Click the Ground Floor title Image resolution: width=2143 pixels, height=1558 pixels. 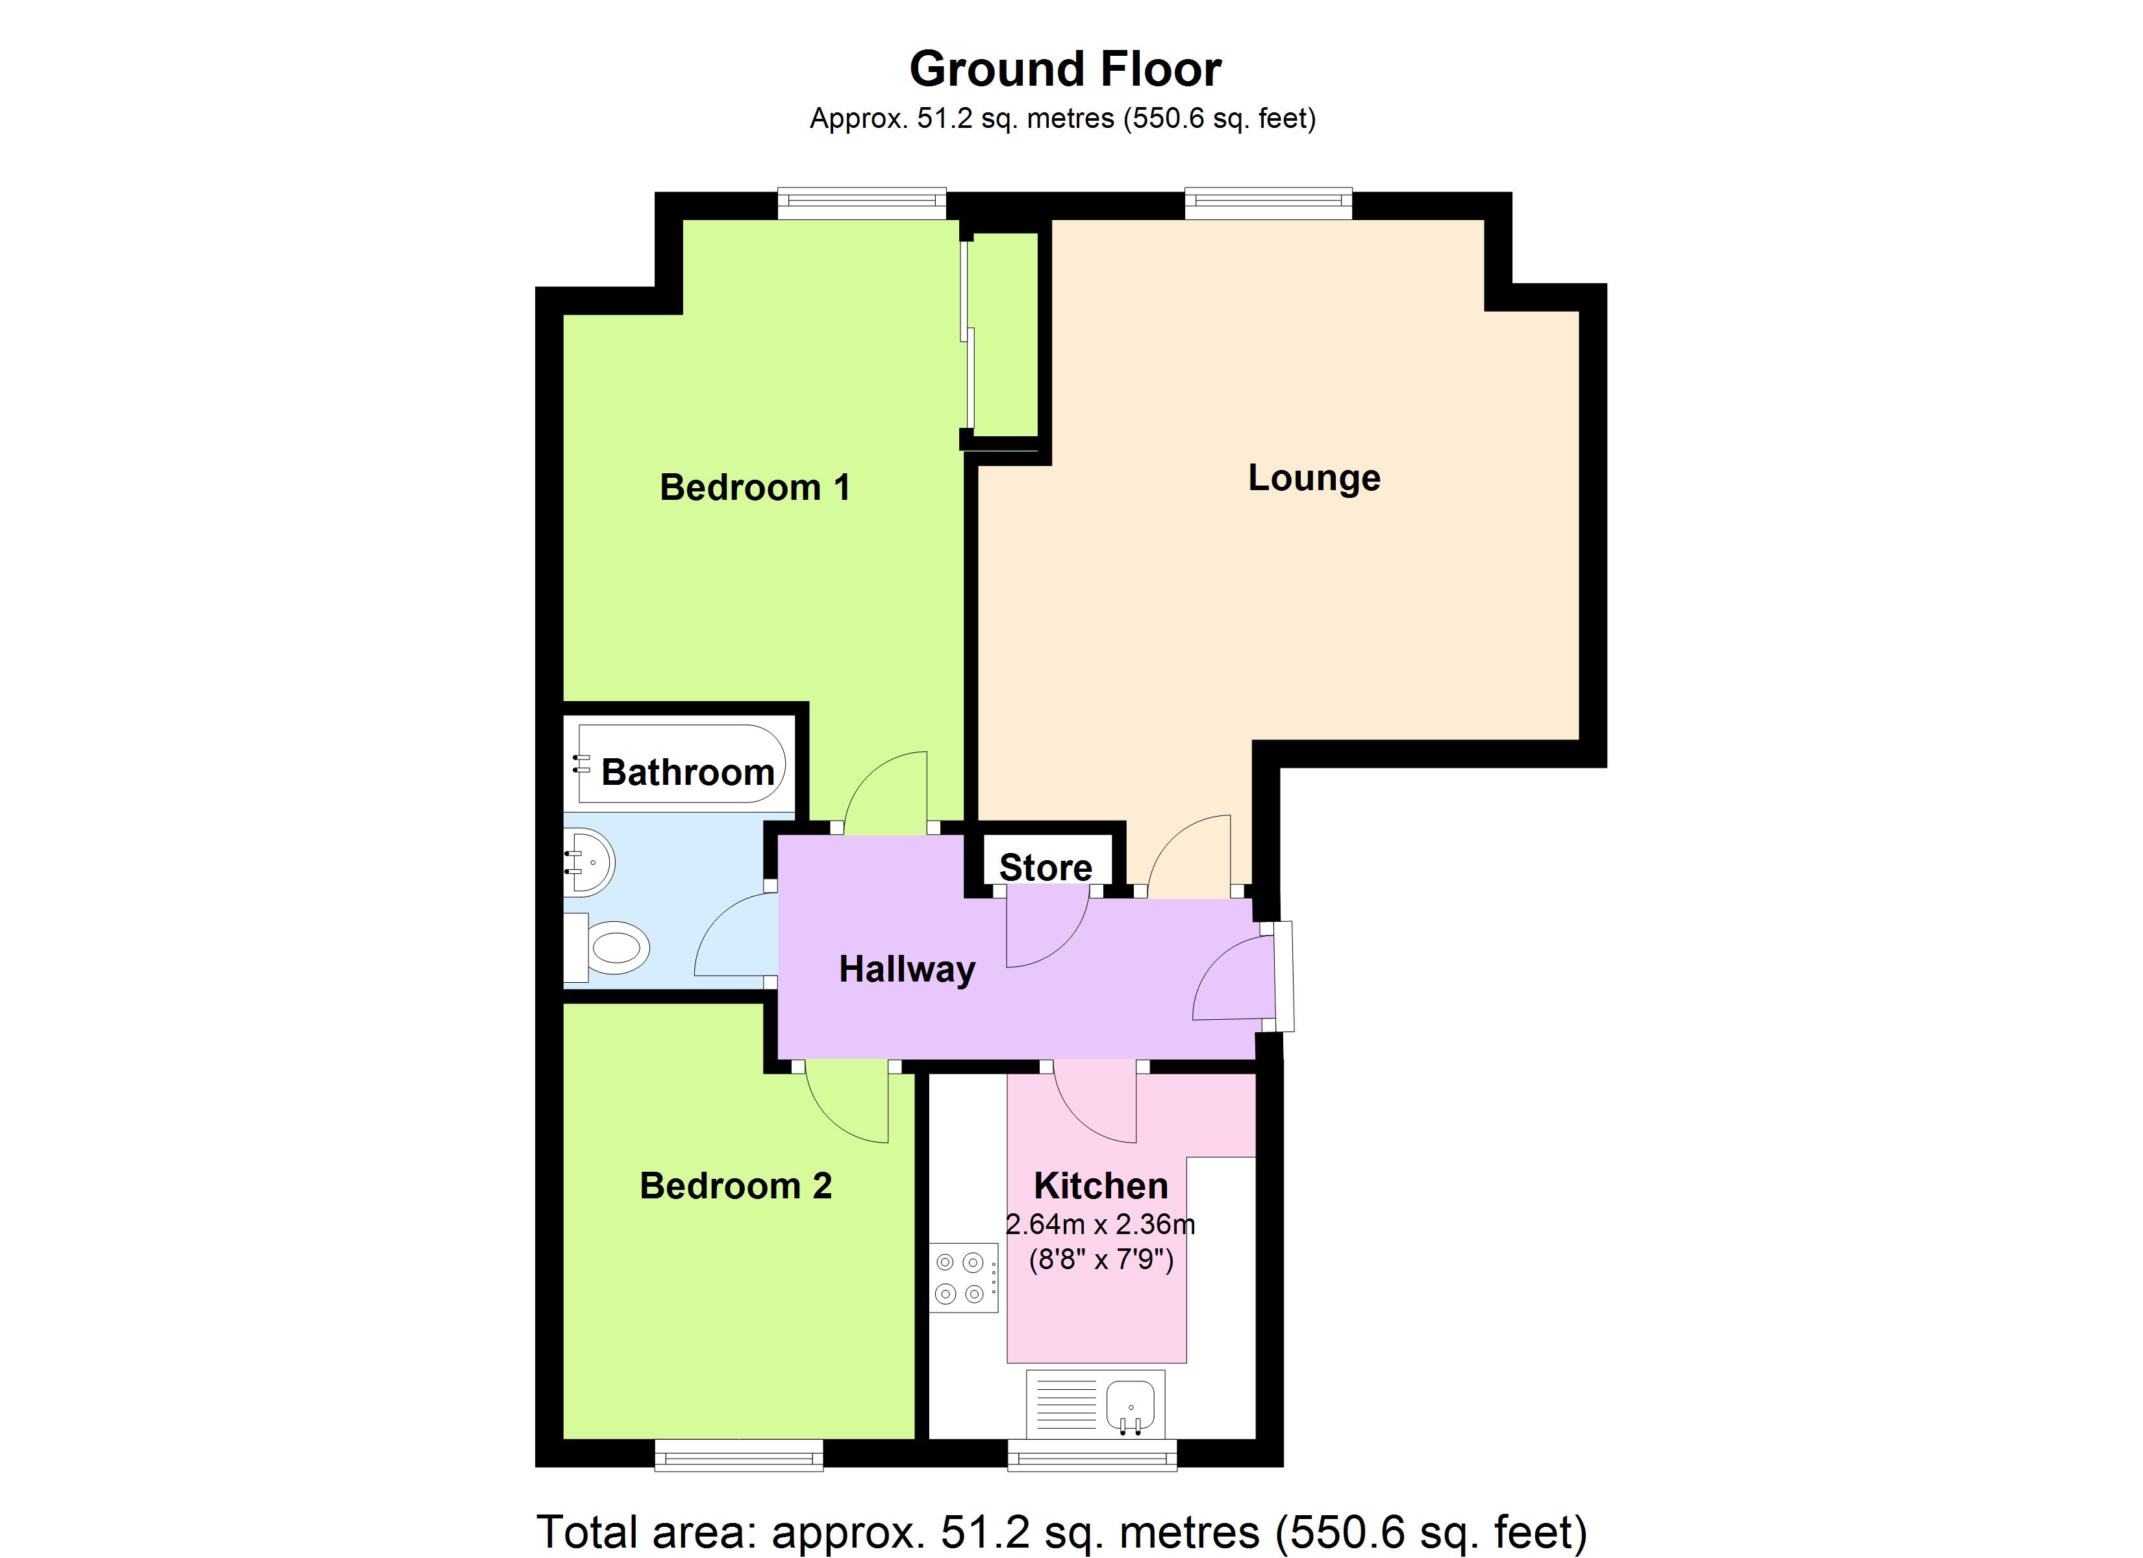pyautogui.click(x=1065, y=69)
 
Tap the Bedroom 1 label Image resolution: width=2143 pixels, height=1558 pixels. pyautogui.click(x=755, y=488)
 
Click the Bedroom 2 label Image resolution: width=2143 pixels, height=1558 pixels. pyautogui.click(x=736, y=1186)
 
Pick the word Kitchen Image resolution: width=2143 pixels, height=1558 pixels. pyautogui.click(x=1101, y=1186)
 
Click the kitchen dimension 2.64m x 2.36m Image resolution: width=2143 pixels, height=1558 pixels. pyautogui.click(x=1100, y=1224)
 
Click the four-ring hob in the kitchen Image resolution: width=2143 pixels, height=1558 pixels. pyautogui.click(x=964, y=1278)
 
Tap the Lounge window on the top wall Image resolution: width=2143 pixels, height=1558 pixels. pyautogui.click(x=1268, y=203)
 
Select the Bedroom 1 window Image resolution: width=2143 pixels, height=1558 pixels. pyautogui.click(x=862, y=203)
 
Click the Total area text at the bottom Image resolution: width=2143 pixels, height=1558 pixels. pyautogui.click(x=1061, y=1531)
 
